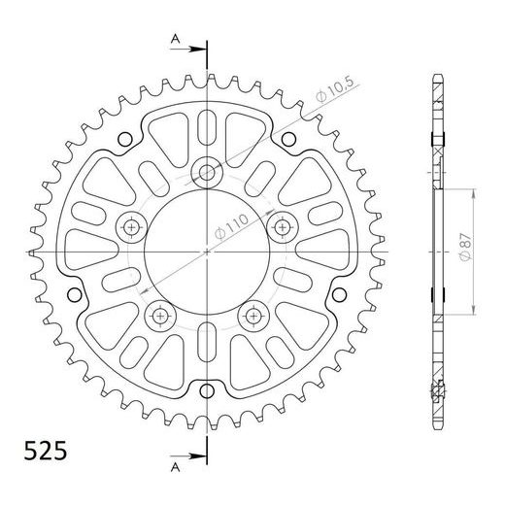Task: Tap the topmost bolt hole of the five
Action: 206,173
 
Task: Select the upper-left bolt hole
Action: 131,227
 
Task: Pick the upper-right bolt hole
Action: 282,227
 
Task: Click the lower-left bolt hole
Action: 159,315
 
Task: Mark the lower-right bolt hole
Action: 253,315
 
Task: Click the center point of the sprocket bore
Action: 206,251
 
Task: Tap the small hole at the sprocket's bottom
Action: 206,389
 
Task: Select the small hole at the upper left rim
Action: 124,139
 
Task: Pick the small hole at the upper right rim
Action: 288,139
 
